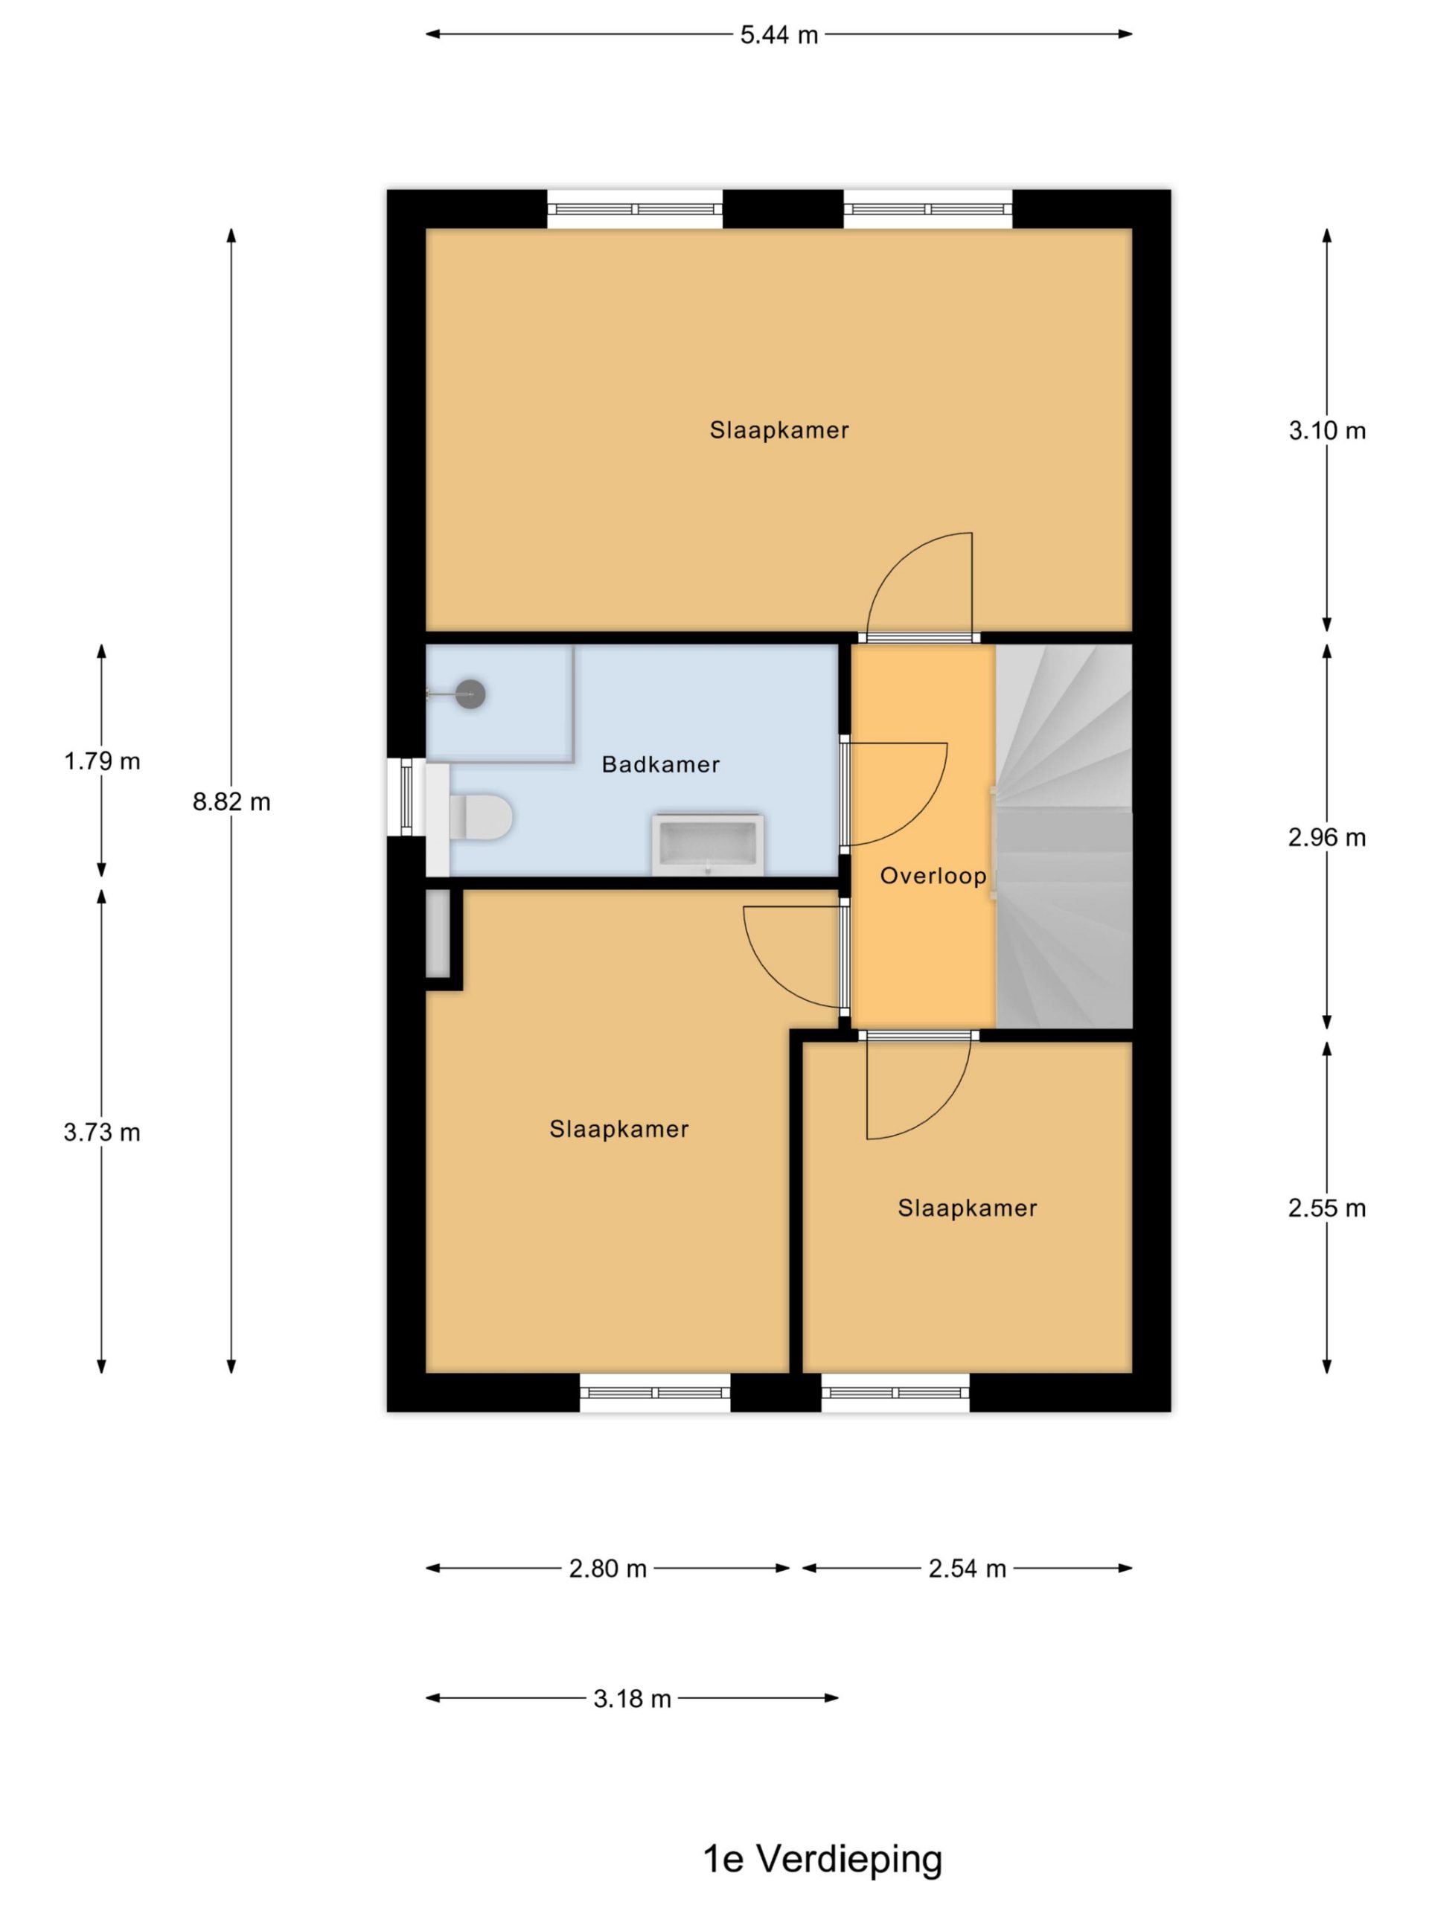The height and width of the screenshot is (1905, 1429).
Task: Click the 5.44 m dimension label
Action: coord(779,35)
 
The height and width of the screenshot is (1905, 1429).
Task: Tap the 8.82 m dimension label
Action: coord(231,801)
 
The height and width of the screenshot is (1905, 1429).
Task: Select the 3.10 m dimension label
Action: coord(1326,431)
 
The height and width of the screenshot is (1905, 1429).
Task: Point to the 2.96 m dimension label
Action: coord(1326,837)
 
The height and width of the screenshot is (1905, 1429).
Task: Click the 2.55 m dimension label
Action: coord(1326,1208)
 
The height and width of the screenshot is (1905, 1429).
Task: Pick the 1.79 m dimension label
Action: coord(102,761)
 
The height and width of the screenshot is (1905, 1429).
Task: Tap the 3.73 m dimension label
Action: coord(102,1133)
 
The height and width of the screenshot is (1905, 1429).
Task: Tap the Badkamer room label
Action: coord(661,765)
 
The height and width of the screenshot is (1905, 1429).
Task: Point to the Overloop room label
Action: coord(933,877)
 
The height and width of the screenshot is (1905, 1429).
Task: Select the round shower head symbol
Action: coord(470,694)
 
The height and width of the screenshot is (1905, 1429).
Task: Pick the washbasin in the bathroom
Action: coord(707,844)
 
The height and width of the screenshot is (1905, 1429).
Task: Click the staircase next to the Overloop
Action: coord(1063,836)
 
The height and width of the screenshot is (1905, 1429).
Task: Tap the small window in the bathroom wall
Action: coord(406,797)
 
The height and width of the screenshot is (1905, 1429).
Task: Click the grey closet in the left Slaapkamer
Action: coord(438,934)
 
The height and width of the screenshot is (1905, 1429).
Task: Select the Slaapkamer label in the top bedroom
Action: coord(779,431)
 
